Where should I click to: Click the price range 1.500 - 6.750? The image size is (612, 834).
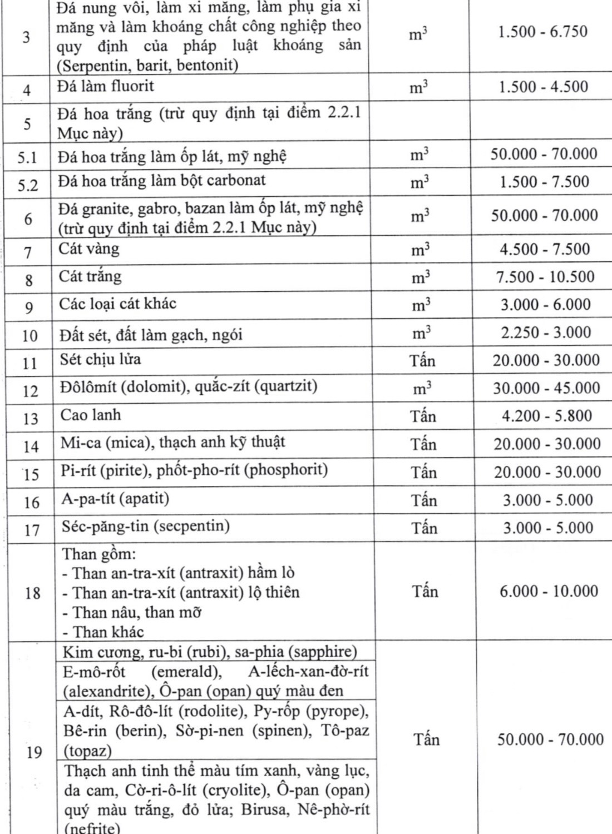click(x=542, y=32)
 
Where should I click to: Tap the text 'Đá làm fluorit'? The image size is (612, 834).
click(x=105, y=87)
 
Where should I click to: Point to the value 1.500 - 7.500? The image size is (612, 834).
click(x=544, y=182)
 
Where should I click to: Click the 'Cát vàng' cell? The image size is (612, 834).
click(x=89, y=249)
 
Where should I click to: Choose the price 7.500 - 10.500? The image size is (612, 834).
click(x=545, y=277)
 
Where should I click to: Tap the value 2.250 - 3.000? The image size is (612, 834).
click(x=546, y=332)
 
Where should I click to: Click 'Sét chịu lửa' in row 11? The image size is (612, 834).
click(x=100, y=359)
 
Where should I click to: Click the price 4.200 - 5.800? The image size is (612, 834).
click(x=546, y=416)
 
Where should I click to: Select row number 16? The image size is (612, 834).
click(x=31, y=502)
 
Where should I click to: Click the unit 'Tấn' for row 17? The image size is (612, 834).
click(x=424, y=528)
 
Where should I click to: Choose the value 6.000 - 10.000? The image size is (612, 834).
click(x=549, y=591)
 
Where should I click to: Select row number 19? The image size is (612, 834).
click(x=33, y=752)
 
